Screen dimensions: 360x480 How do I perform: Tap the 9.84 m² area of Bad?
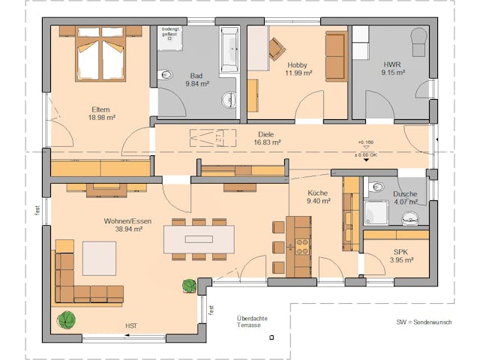(196, 84)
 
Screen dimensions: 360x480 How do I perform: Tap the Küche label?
(318, 193)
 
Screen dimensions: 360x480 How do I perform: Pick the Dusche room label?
(405, 193)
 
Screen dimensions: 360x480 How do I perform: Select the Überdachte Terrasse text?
(251, 322)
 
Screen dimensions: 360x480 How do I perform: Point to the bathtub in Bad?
(229, 50)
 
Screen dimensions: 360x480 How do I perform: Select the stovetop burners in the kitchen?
(303, 246)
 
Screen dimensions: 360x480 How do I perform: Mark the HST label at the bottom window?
(132, 325)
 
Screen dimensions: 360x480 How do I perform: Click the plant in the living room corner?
(67, 319)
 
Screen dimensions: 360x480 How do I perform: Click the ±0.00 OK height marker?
(366, 154)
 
